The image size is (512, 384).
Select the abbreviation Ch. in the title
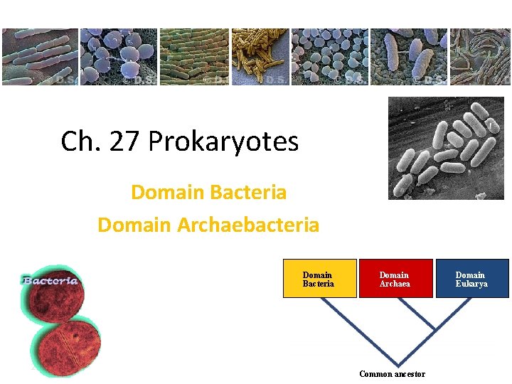point(79,142)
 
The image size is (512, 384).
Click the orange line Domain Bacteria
point(208,192)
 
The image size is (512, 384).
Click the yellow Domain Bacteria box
point(318,279)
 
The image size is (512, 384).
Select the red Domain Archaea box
point(395,279)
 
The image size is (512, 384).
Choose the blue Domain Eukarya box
point(471,279)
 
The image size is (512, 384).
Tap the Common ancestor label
point(392,374)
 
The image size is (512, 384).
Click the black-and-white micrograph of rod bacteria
point(446,148)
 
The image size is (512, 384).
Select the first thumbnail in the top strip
point(39,57)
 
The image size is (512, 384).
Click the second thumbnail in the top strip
point(117,57)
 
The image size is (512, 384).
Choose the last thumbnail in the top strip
point(480,57)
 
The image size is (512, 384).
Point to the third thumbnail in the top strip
point(193,57)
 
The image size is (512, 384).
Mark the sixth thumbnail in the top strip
point(409,57)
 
